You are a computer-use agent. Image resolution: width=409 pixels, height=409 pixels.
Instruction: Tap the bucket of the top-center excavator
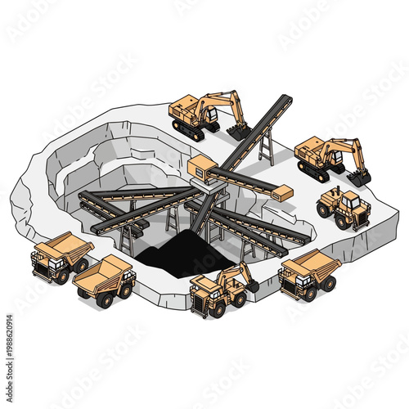239,130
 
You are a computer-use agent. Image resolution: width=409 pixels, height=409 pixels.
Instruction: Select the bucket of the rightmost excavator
358,176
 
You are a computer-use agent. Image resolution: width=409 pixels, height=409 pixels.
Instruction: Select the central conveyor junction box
201,170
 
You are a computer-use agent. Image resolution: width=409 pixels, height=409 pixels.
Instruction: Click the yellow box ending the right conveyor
281,193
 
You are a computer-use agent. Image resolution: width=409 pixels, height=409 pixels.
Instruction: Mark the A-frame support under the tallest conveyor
266,147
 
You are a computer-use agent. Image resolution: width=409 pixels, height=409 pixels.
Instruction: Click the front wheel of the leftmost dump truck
61,276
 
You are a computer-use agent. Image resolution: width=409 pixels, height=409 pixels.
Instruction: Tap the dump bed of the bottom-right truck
315,264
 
